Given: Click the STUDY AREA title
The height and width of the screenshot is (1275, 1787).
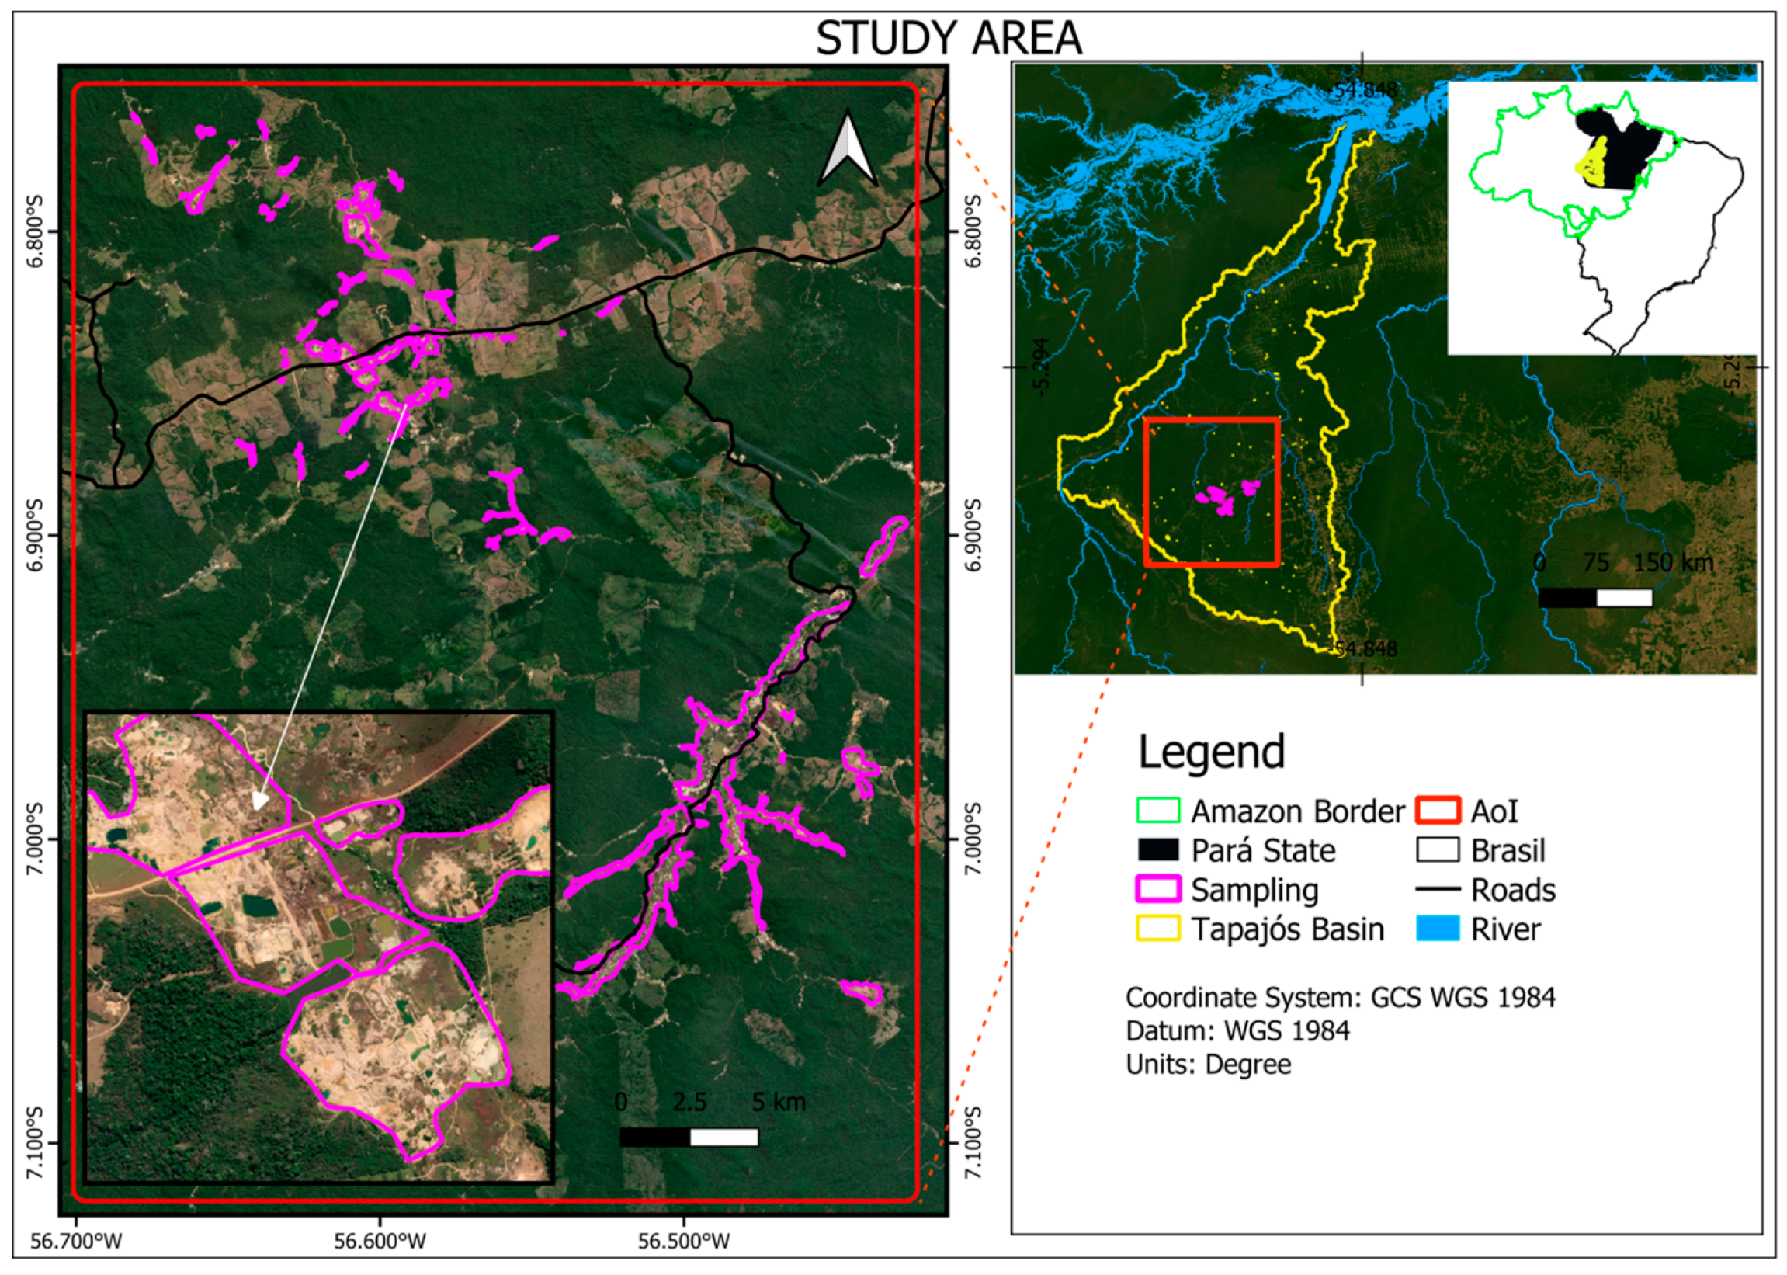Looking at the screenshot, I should tap(948, 38).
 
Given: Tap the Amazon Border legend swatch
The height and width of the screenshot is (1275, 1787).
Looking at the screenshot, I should tap(1157, 811).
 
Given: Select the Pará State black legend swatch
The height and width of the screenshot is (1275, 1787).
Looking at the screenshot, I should tap(1157, 850).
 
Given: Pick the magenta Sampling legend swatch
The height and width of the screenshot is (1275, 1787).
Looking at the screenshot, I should tap(1157, 890).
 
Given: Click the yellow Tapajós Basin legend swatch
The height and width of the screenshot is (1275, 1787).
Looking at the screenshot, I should tap(1157, 929).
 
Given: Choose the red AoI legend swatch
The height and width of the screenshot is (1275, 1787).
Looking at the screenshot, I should tap(1438, 811).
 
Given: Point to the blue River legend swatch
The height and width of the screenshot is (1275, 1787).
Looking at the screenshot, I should tap(1438, 929).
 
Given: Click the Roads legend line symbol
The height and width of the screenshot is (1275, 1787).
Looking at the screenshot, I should tap(1438, 890).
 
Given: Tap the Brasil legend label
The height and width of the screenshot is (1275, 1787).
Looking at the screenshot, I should tap(1508, 850).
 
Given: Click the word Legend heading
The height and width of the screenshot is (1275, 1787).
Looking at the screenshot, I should tap(1212, 752).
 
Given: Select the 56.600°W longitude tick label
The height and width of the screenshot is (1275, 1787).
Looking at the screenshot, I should tap(380, 1242).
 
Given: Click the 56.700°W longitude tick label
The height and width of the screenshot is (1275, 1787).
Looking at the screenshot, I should tap(76, 1242).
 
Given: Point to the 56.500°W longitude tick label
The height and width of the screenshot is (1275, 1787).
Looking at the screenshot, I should tap(684, 1242).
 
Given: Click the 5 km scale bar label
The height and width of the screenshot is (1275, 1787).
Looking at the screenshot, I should tap(779, 1103).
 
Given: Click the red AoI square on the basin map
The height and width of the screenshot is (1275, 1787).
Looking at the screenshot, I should tap(1212, 492).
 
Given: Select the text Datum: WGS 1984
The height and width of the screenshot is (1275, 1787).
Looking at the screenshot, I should tap(1237, 1031).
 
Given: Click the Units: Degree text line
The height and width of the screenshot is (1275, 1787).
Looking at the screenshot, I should tap(1208, 1065).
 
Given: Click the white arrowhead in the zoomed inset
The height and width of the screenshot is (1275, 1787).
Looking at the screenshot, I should tap(259, 801).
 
